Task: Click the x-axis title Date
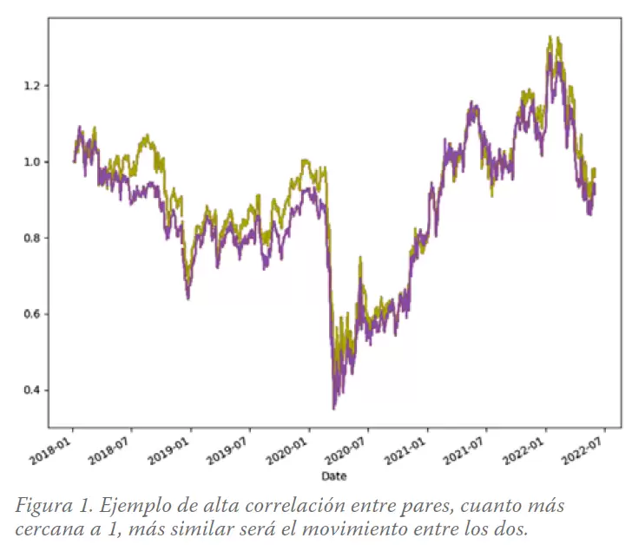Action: [334, 476]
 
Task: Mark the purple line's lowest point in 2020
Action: [333, 408]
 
